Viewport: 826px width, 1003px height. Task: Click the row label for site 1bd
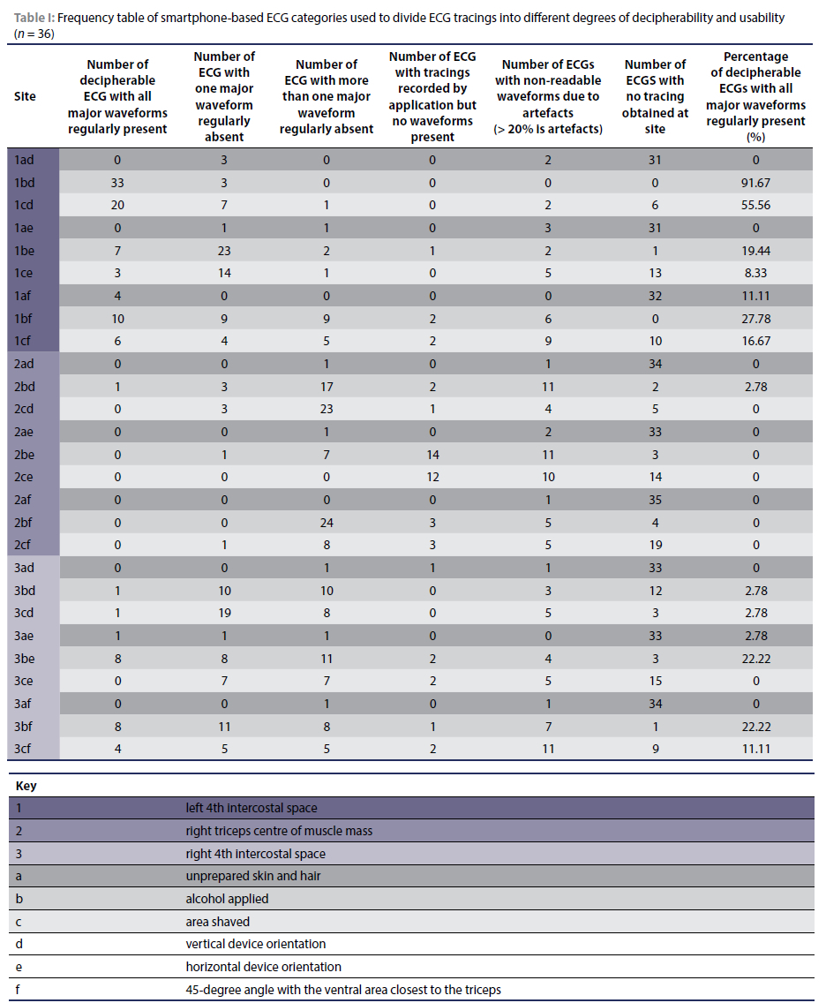pyautogui.click(x=25, y=183)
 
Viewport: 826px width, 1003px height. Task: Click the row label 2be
pyautogui.click(x=25, y=455)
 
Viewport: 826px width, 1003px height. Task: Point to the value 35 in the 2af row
pyautogui.click(x=655, y=500)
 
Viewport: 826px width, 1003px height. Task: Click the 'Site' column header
pyautogui.click(x=25, y=96)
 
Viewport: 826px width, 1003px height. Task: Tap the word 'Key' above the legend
pyautogui.click(x=26, y=785)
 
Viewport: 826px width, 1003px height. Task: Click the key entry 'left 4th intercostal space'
pyautogui.click(x=252, y=808)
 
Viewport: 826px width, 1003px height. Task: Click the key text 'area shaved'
pyautogui.click(x=217, y=922)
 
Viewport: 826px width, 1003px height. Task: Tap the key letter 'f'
pyautogui.click(x=19, y=990)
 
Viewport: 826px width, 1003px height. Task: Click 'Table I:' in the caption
pyautogui.click(x=32, y=18)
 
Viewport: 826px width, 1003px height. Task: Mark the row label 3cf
pyautogui.click(x=25, y=749)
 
